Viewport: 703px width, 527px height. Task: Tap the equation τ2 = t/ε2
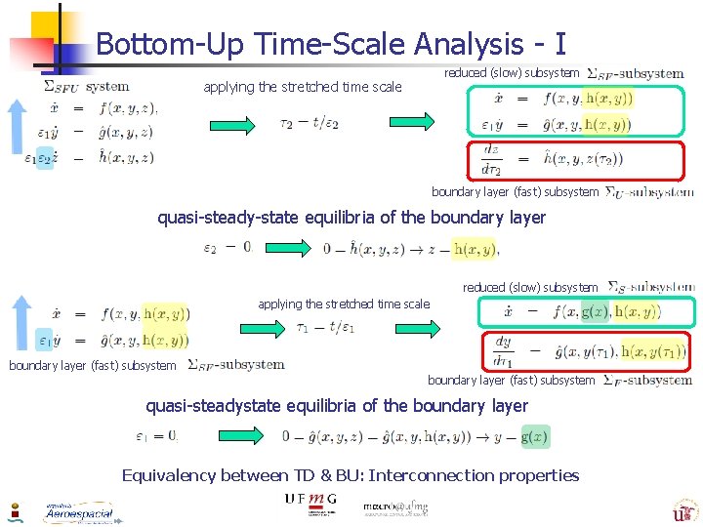(x=310, y=122)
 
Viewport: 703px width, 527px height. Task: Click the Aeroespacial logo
(x=78, y=511)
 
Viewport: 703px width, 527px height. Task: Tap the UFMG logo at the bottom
(x=310, y=500)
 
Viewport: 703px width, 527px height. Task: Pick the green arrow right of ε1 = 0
(x=230, y=436)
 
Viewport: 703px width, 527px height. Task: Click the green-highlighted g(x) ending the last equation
(x=535, y=436)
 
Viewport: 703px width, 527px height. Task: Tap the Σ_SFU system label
(x=87, y=86)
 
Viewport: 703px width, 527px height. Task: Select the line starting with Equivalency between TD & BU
(x=350, y=475)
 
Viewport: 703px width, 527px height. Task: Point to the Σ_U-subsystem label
(x=649, y=192)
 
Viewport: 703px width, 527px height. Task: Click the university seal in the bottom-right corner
(x=683, y=509)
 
